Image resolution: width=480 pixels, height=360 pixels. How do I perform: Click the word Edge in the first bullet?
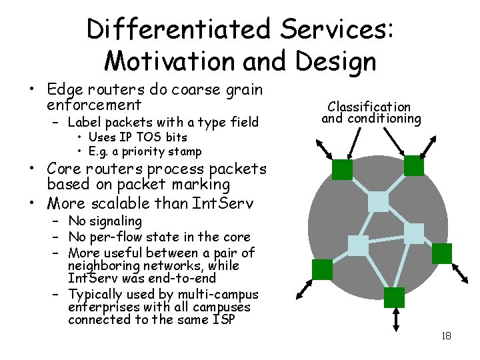click(64, 89)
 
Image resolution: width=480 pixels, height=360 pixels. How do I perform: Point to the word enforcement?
click(95, 105)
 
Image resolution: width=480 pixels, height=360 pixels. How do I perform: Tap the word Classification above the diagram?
click(369, 107)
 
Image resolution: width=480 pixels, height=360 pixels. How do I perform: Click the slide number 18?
click(446, 335)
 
